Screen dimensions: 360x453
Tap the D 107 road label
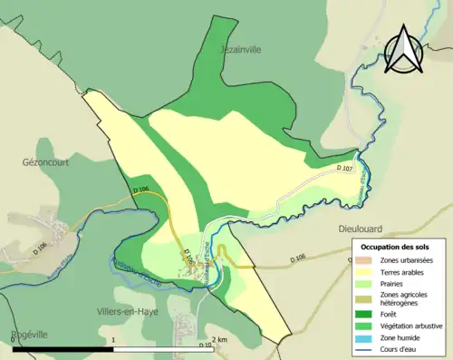coord(343,169)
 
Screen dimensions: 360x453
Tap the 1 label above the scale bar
coord(113,339)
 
